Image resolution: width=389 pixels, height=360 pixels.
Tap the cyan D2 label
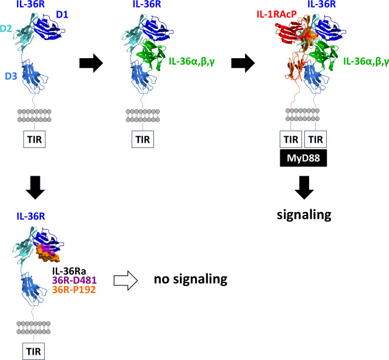pos(7,29)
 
